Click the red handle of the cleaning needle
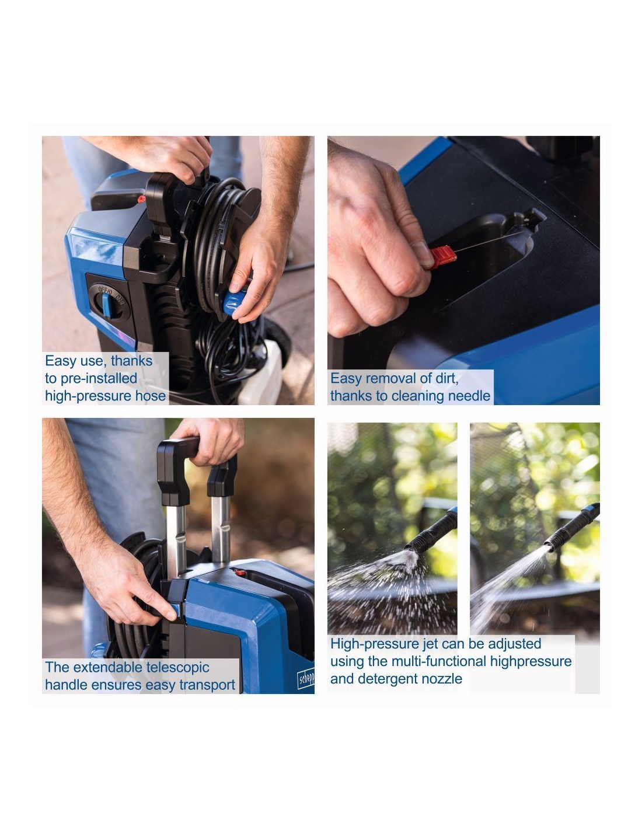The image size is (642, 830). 442,257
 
